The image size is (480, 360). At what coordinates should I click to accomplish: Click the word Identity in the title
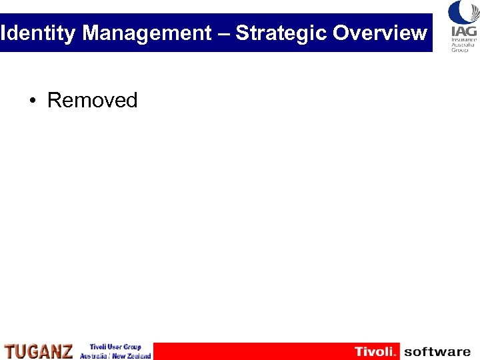coord(38,33)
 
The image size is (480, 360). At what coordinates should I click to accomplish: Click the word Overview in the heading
coord(380,33)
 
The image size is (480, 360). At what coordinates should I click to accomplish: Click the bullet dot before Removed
coord(32,101)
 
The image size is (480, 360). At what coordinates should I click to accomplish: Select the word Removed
coord(92,101)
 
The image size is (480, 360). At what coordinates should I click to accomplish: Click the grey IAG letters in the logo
coord(464,31)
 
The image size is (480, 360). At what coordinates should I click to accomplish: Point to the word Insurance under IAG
coord(464,40)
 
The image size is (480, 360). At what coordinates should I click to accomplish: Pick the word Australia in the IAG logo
coord(464,45)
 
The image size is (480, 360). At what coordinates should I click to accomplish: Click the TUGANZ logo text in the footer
coord(39,351)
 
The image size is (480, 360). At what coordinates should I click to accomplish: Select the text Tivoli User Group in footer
coord(115,347)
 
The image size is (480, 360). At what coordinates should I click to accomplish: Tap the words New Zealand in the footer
coord(132,356)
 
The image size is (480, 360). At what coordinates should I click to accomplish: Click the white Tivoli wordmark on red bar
coord(375,351)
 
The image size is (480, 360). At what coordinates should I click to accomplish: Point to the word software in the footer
coord(437,351)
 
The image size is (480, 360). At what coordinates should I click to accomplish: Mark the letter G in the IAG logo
coord(471,31)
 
